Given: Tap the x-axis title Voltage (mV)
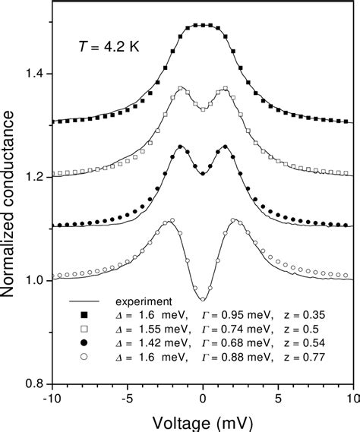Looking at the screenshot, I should tap(201, 420).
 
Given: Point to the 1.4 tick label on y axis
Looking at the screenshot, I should tap(33, 74).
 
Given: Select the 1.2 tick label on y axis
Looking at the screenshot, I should tap(33, 178).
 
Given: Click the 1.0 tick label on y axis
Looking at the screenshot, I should tap(33, 281).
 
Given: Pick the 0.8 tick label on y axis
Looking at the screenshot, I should tap(33, 383).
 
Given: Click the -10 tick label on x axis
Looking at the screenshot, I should tap(52, 398).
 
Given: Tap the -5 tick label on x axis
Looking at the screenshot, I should tap(126, 398).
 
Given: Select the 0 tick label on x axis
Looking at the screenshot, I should tap(203, 398).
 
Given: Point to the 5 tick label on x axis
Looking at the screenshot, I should tap(278, 398).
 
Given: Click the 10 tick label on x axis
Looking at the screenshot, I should tap(352, 398).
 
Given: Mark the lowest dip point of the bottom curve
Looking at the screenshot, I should tap(203, 299).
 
